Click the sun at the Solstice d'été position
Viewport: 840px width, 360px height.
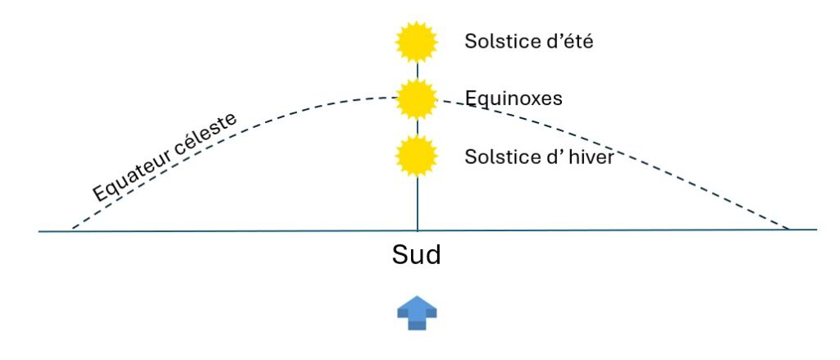(418, 42)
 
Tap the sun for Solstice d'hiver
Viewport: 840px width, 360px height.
(418, 156)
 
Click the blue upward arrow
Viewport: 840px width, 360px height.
(418, 312)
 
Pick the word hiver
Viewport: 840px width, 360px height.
(590, 157)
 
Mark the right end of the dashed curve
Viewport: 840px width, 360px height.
(788, 229)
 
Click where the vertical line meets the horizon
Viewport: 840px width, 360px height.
(418, 230)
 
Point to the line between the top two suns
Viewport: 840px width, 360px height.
(418, 71)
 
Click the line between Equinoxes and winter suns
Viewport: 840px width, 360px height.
(418, 127)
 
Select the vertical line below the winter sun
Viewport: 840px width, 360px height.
(418, 203)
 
